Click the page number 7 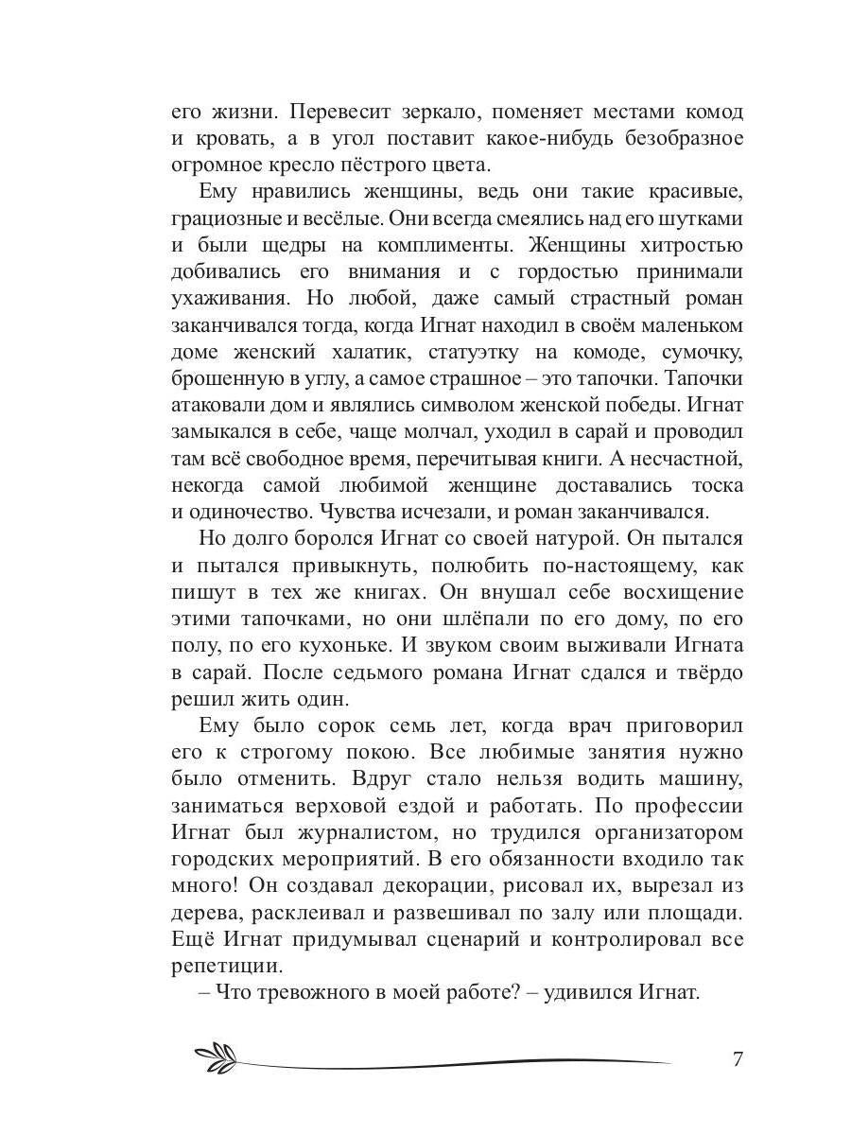tap(738, 1057)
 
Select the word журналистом tap(358, 834)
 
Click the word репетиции tap(227, 968)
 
